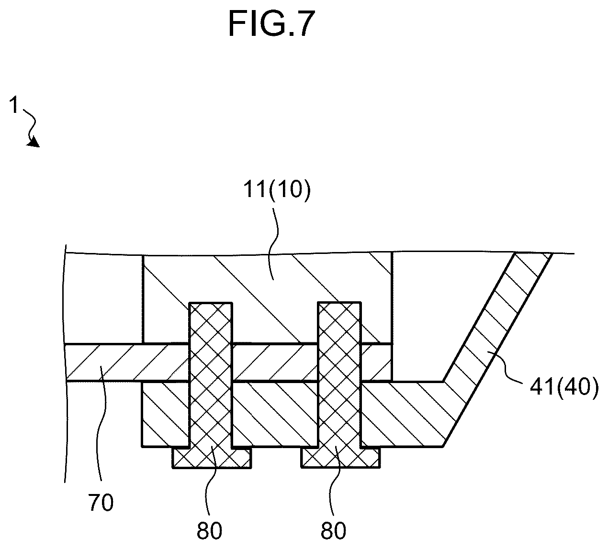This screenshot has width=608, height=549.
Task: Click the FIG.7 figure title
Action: click(271, 23)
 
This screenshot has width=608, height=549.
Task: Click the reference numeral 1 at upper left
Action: click(14, 105)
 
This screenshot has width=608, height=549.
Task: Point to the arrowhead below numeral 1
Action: click(34, 142)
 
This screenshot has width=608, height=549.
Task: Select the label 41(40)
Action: click(564, 387)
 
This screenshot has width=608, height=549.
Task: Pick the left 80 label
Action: click(209, 530)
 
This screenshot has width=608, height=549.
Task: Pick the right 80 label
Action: click(333, 530)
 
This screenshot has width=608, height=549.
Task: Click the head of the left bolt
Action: click(212, 457)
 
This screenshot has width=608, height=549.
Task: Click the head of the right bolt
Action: click(340, 457)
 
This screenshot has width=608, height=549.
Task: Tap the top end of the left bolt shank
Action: click(211, 303)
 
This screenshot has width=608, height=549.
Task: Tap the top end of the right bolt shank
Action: click(339, 303)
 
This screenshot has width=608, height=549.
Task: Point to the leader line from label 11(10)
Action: click(275, 242)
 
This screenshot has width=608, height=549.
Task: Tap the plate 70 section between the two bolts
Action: click(275, 362)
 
